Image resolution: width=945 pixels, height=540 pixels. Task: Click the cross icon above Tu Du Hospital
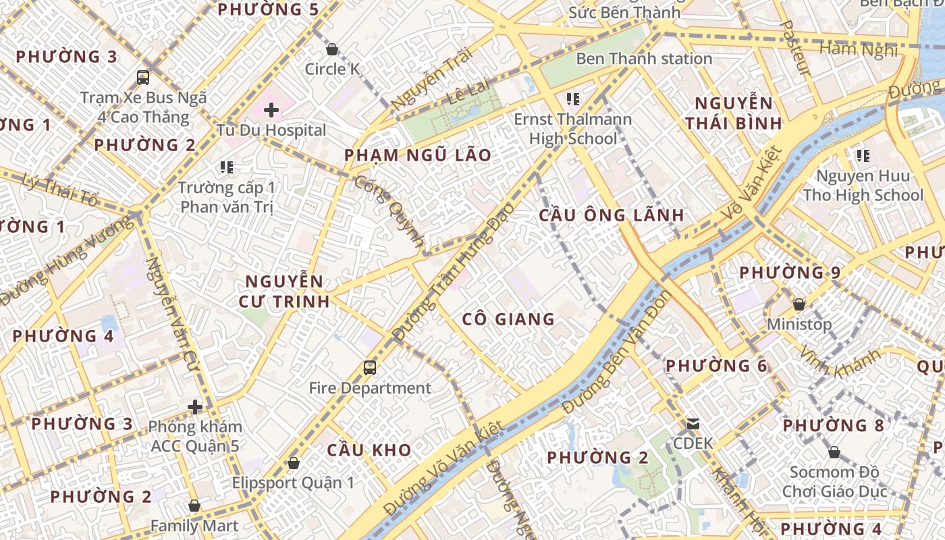[x=271, y=109]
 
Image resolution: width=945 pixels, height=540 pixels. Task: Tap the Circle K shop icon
[x=331, y=49]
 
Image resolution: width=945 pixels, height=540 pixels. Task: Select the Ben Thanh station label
[x=644, y=59]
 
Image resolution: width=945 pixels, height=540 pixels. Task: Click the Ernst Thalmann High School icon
[x=573, y=100]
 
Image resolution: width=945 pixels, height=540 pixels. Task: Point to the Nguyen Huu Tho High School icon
[x=863, y=157]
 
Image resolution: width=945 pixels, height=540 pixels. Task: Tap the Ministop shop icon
[x=799, y=304]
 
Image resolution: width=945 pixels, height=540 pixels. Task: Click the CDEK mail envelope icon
[x=693, y=424]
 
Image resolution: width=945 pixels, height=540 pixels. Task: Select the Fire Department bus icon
[x=369, y=368]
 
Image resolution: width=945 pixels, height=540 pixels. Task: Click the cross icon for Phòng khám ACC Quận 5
[x=195, y=407]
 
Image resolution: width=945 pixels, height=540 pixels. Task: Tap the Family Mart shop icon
[x=194, y=506]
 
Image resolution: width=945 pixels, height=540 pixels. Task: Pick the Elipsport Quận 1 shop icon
[x=293, y=463]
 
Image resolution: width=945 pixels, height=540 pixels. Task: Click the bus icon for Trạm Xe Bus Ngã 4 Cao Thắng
[x=143, y=77]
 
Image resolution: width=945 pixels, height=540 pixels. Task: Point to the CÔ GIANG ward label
[x=509, y=319]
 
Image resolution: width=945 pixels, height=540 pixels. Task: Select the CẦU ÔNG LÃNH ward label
[x=612, y=215]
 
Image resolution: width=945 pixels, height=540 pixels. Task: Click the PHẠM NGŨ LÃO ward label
[x=418, y=155]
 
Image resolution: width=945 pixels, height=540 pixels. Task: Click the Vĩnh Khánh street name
[x=840, y=363]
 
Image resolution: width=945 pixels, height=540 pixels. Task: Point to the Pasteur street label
[x=794, y=47]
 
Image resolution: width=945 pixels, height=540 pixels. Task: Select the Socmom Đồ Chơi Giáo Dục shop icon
[x=834, y=452]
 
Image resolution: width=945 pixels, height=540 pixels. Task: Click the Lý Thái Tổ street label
[x=61, y=191]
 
